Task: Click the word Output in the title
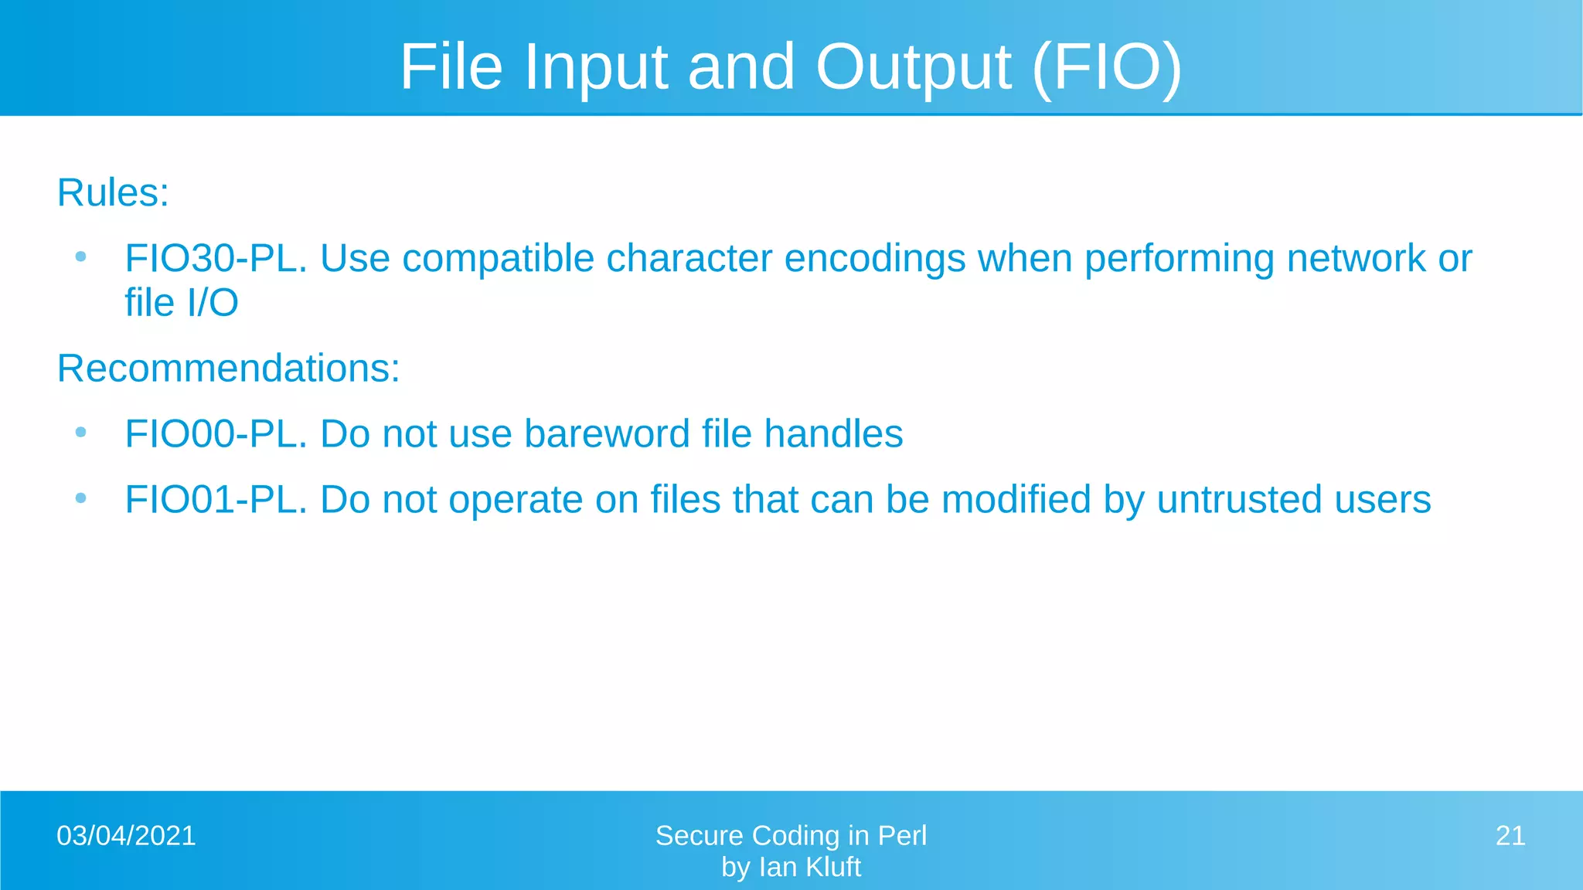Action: [x=913, y=67]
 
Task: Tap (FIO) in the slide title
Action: [x=1106, y=67]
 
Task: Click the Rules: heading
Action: [x=113, y=192]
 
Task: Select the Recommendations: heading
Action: [x=229, y=368]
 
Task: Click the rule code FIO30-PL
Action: [x=216, y=258]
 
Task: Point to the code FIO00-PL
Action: [x=216, y=433]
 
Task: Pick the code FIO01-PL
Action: [x=216, y=499]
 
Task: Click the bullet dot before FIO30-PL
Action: [x=80, y=257]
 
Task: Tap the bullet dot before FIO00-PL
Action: [x=80, y=433]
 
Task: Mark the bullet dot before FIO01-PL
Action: [x=80, y=498]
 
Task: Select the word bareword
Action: [x=607, y=433]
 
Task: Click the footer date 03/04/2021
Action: [x=126, y=836]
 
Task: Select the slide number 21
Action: [x=1510, y=836]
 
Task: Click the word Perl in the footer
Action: [x=902, y=836]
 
